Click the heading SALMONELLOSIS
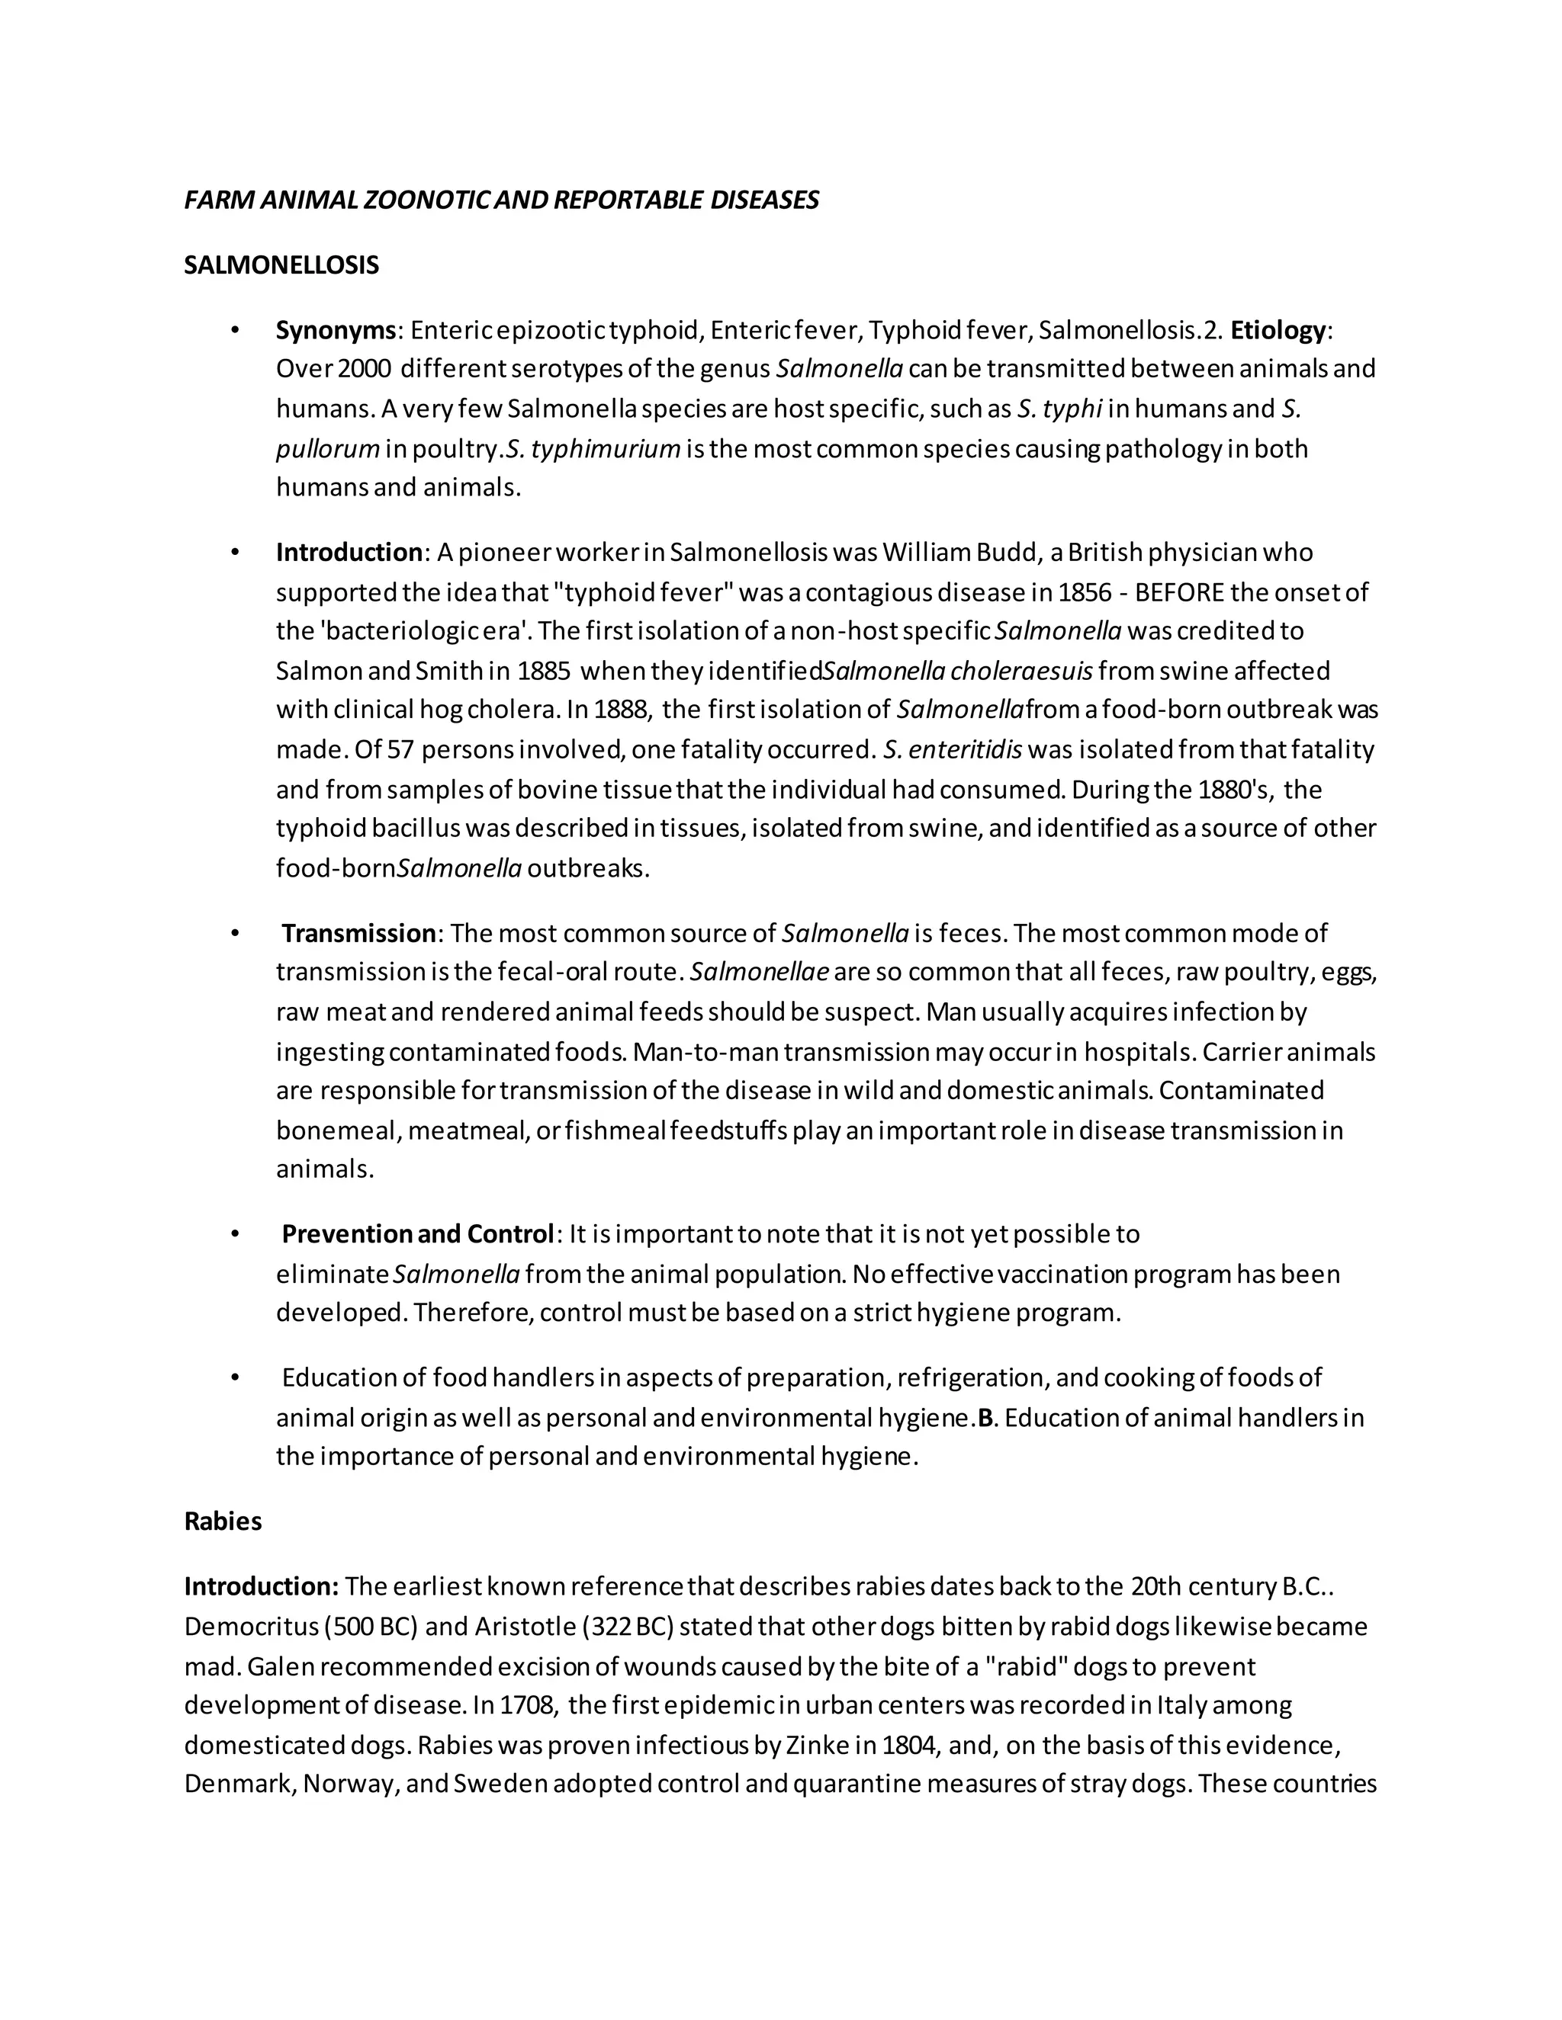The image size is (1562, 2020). point(281,265)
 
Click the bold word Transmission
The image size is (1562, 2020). point(358,933)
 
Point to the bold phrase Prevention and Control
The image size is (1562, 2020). point(416,1234)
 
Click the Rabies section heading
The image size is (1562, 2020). point(223,1521)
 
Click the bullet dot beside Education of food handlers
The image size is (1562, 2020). point(235,1378)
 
